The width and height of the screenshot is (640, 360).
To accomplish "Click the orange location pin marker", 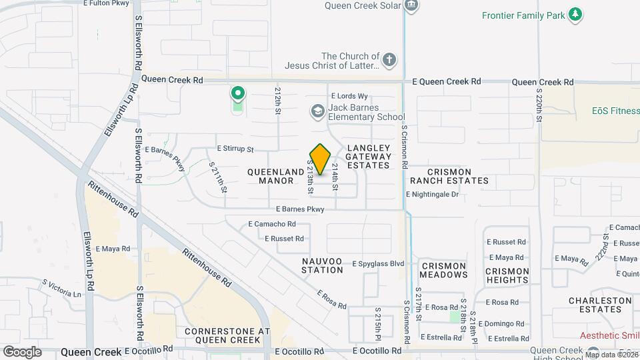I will click(x=321, y=159).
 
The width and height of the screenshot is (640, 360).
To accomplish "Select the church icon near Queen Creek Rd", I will click(x=390, y=61).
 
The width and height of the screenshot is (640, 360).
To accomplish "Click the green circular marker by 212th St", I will click(x=237, y=93).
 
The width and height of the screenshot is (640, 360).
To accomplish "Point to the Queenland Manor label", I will click(x=276, y=176).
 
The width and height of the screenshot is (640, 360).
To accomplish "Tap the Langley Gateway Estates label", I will click(x=367, y=156).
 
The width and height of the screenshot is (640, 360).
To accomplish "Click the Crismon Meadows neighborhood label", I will click(x=444, y=270).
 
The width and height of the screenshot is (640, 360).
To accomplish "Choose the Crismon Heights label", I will click(x=507, y=275).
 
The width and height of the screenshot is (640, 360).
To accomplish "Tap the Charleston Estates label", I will click(x=600, y=305).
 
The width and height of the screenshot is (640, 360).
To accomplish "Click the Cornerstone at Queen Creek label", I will click(x=227, y=335).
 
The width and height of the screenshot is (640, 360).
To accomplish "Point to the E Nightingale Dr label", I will click(x=433, y=195).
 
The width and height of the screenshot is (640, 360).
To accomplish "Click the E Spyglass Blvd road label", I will click(x=379, y=264).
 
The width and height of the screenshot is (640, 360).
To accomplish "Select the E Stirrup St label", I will click(x=235, y=149).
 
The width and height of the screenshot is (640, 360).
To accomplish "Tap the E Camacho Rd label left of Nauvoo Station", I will click(x=271, y=224).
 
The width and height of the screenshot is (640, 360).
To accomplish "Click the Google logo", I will click(x=22, y=351).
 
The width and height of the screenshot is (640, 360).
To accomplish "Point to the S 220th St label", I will click(x=539, y=101).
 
